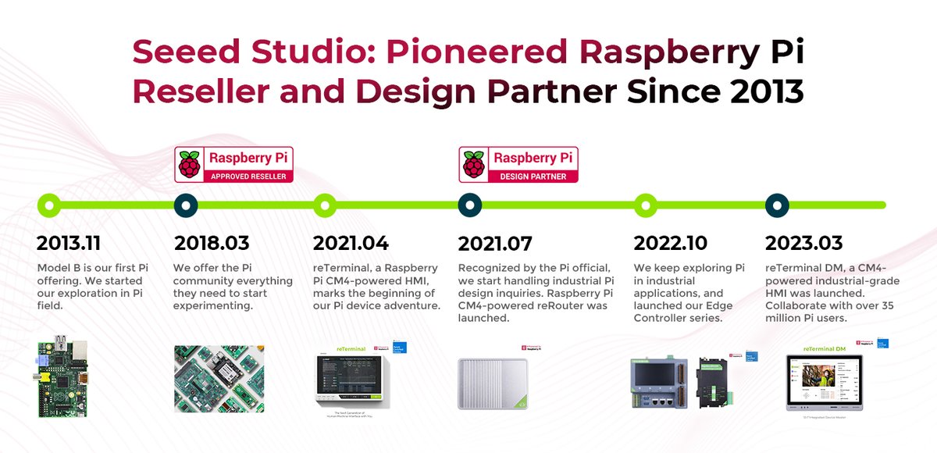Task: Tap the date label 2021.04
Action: click(351, 243)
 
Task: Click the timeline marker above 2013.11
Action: click(48, 205)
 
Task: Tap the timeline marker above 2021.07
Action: click(469, 205)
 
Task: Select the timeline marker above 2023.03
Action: click(776, 205)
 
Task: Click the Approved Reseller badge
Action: click(234, 164)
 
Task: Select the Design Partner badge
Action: click(518, 164)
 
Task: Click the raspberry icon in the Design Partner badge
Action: click(473, 164)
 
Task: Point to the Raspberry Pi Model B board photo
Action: click(65, 379)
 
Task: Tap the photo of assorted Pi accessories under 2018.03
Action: click(219, 379)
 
